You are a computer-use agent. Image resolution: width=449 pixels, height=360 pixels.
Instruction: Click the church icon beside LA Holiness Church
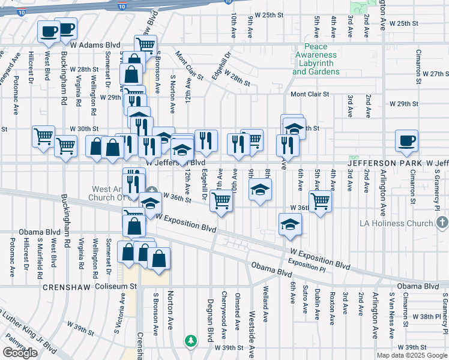(442, 223)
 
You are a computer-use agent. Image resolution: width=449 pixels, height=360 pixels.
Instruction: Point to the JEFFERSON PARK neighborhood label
(387, 163)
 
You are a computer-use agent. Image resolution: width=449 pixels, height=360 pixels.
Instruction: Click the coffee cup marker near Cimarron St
(406, 142)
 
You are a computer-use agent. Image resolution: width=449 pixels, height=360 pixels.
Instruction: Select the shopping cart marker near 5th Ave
(321, 201)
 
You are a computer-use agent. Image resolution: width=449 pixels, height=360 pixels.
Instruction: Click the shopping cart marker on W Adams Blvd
(145, 44)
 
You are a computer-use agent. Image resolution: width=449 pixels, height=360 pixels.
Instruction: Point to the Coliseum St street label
(116, 287)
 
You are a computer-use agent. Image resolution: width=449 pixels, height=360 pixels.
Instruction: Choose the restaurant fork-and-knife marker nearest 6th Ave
(288, 145)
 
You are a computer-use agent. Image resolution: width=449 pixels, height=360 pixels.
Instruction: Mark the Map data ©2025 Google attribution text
(411, 355)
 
